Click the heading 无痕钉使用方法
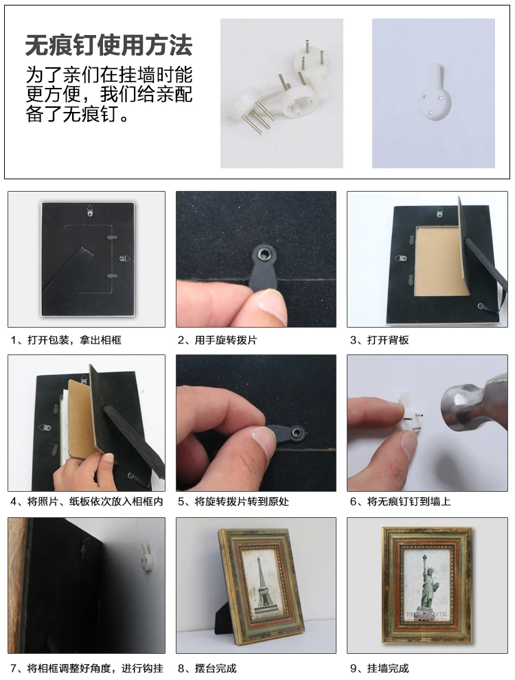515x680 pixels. click(108, 45)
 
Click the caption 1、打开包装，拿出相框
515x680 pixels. click(66, 340)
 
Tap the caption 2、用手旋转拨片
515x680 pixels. click(217, 340)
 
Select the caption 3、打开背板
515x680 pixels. click(379, 340)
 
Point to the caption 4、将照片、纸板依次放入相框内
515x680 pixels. click(87, 502)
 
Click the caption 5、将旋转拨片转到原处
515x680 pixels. click(233, 502)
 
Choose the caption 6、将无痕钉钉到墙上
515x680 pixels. click(400, 502)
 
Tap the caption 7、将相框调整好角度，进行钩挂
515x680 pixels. click(87, 668)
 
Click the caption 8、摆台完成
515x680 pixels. click(207, 668)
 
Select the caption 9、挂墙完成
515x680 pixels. click(379, 668)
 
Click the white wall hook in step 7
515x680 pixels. click(148, 557)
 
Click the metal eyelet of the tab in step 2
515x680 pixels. click(264, 253)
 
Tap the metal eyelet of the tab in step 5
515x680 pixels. click(297, 432)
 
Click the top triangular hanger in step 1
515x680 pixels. click(90, 210)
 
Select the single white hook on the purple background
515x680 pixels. click(433, 93)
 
